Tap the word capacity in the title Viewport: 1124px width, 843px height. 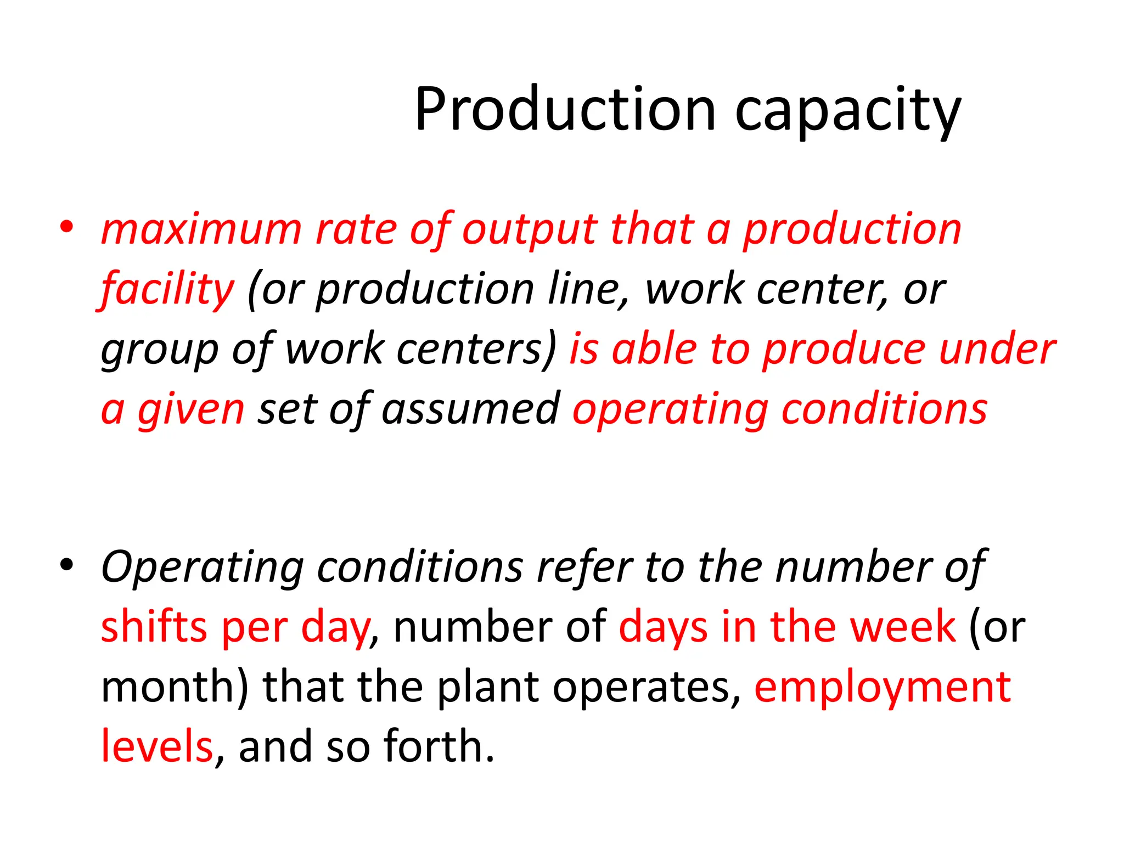click(x=848, y=111)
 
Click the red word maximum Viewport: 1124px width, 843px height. click(x=201, y=229)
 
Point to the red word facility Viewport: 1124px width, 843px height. click(x=167, y=290)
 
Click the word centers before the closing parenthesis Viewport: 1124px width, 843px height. click(x=475, y=350)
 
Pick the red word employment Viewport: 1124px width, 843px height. click(x=883, y=688)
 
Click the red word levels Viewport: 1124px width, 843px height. click(x=157, y=746)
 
